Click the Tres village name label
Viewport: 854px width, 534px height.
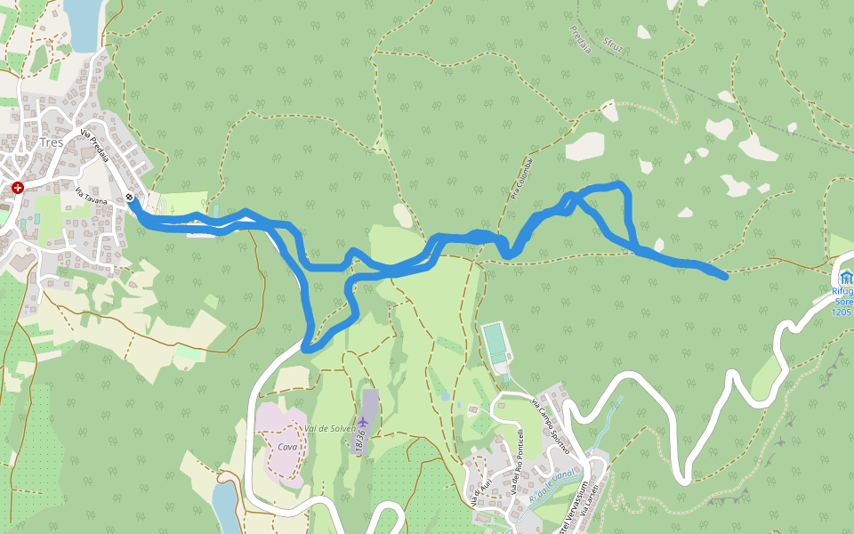tap(51, 142)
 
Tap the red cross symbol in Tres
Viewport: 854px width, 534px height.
tap(18, 188)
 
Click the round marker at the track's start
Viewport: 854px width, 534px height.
tap(131, 198)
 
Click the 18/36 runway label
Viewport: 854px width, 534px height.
tap(361, 438)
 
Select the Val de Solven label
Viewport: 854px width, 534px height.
tap(330, 429)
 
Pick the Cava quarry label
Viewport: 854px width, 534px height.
tap(286, 446)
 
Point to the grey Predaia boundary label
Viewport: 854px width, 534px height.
tap(580, 40)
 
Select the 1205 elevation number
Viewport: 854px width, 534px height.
tap(842, 312)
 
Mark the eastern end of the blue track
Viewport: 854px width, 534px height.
tap(725, 277)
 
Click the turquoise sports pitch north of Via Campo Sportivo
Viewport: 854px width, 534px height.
tap(495, 344)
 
